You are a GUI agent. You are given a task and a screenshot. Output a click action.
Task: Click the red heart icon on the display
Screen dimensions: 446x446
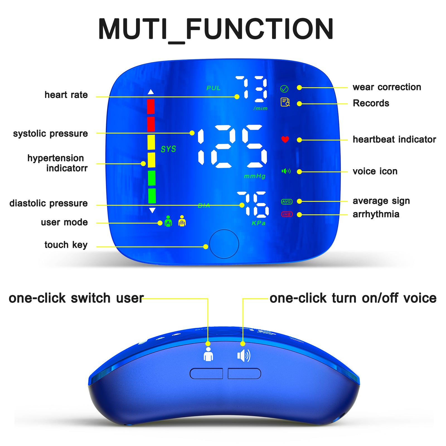(285, 139)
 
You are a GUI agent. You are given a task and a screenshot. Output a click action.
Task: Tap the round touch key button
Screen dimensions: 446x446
(224, 244)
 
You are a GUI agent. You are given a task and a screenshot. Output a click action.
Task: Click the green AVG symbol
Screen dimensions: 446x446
(287, 202)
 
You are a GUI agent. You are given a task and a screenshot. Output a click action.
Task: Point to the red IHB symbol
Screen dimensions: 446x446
(287, 214)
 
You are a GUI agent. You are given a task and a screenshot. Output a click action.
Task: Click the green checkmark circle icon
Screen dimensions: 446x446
(284, 89)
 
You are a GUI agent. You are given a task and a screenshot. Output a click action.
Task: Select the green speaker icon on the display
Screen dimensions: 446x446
(286, 171)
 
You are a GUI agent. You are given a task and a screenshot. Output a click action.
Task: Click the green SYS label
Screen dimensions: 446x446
(168, 149)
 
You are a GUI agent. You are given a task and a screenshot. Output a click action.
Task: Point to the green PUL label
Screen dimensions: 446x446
(214, 88)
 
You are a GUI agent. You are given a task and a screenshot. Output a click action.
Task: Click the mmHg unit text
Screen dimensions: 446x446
(255, 176)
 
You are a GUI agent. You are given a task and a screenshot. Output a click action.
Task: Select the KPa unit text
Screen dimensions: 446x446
(259, 223)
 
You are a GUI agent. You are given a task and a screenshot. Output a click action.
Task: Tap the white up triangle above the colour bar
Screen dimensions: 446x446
(151, 92)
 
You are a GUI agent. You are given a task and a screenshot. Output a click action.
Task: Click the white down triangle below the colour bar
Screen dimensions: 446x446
(152, 210)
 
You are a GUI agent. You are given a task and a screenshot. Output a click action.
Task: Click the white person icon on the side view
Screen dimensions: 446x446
(208, 354)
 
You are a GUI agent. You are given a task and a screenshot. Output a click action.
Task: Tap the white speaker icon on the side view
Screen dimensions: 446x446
(244, 356)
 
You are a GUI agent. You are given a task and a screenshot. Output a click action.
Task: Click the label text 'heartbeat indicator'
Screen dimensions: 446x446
(394, 139)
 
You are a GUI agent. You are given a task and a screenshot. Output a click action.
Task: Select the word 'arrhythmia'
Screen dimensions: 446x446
(376, 214)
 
